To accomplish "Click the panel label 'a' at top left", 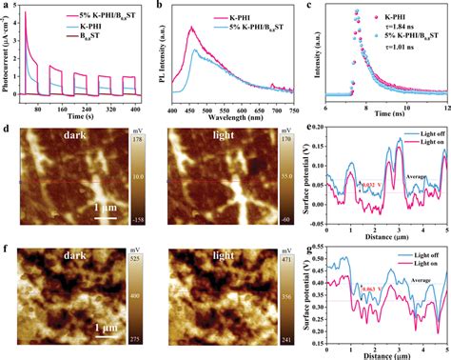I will (x=6, y=7).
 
